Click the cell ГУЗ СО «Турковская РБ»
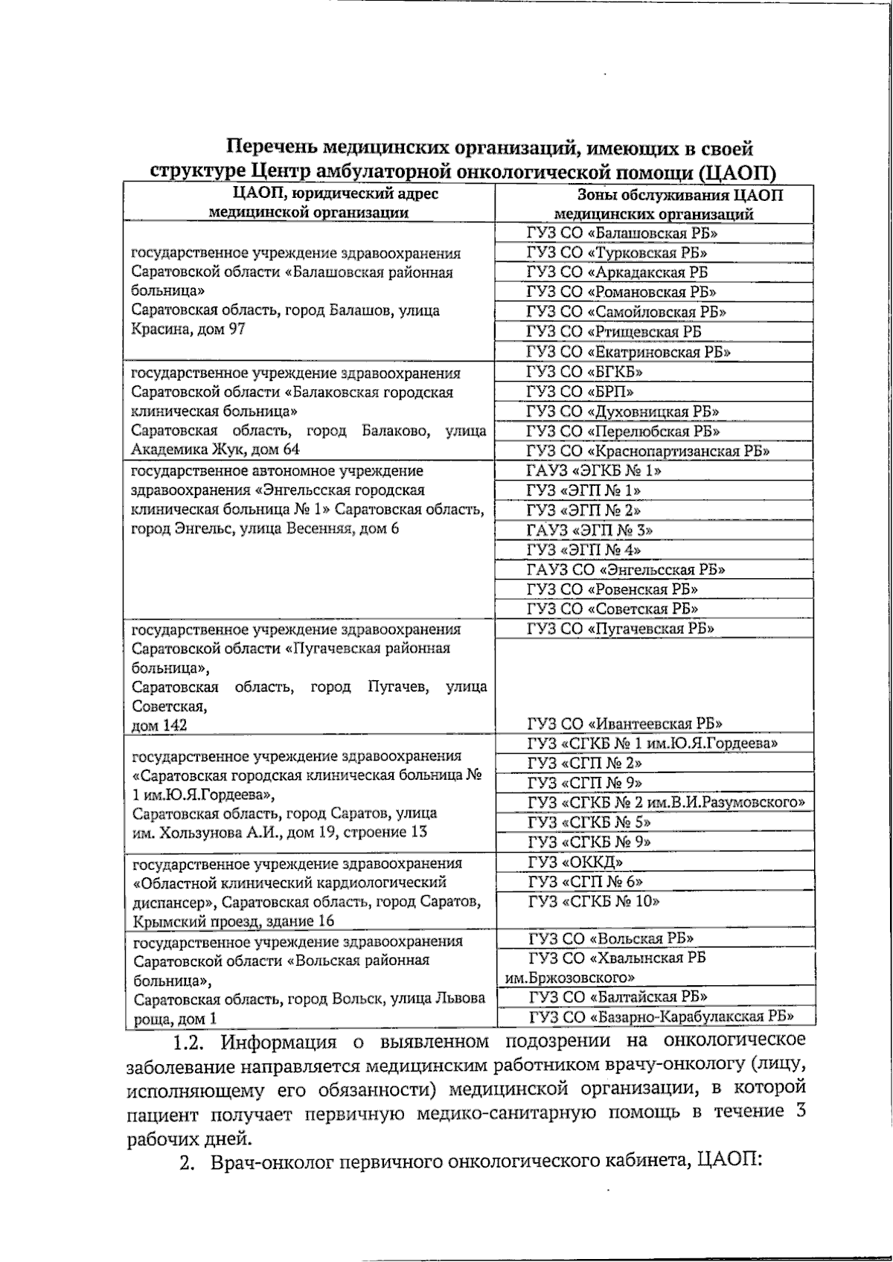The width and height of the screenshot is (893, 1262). [x=617, y=253]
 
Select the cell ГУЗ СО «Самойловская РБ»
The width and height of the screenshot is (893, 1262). [x=627, y=312]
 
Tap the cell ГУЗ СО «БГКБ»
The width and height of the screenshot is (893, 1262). [x=585, y=371]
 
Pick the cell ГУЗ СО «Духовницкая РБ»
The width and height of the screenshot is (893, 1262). [x=623, y=411]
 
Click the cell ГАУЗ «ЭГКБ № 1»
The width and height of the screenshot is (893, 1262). [x=594, y=471]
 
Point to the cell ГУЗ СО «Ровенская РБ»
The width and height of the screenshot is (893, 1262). [x=612, y=589]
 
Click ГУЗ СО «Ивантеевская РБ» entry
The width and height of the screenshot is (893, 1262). [x=625, y=723]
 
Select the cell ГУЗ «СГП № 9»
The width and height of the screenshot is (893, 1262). [x=585, y=783]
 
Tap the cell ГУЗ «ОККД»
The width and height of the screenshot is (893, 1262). [x=575, y=862]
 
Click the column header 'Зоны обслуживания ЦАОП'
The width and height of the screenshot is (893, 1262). [x=680, y=196]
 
